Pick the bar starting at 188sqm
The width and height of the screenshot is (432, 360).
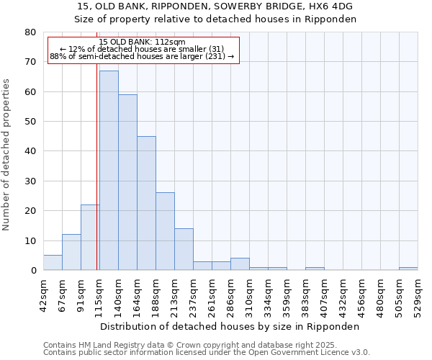[x=165, y=231]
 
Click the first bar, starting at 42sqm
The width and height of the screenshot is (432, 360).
[x=53, y=263]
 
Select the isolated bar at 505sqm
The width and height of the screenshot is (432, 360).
[x=408, y=269]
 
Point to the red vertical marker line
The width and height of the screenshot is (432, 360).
[x=97, y=180]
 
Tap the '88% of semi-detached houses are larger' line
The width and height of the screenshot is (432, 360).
[x=142, y=56]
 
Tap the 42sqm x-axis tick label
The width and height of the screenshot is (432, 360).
[x=43, y=293]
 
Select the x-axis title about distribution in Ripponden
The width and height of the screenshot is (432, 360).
[x=230, y=326]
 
